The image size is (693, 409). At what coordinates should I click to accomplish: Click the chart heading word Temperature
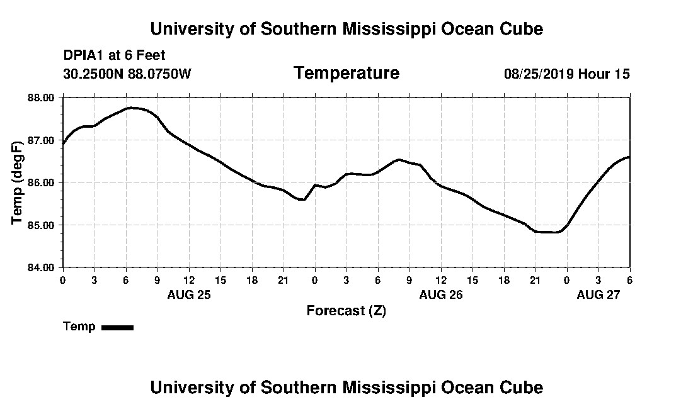(x=346, y=74)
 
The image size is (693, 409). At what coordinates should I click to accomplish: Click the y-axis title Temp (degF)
(x=18, y=182)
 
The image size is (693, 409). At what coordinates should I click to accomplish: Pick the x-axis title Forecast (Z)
(x=346, y=310)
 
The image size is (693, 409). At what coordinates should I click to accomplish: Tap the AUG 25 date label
(x=189, y=294)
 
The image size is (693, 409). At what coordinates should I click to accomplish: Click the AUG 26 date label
(x=441, y=294)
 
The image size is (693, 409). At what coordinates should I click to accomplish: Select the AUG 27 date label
(x=598, y=294)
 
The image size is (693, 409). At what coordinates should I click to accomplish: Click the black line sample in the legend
(x=118, y=327)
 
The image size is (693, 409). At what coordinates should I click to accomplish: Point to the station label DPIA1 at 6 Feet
(x=114, y=55)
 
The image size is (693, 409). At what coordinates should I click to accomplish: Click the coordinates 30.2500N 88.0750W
(x=127, y=74)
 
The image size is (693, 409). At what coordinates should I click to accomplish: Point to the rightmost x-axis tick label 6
(x=629, y=279)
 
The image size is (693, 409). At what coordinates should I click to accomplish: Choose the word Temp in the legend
(x=79, y=327)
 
